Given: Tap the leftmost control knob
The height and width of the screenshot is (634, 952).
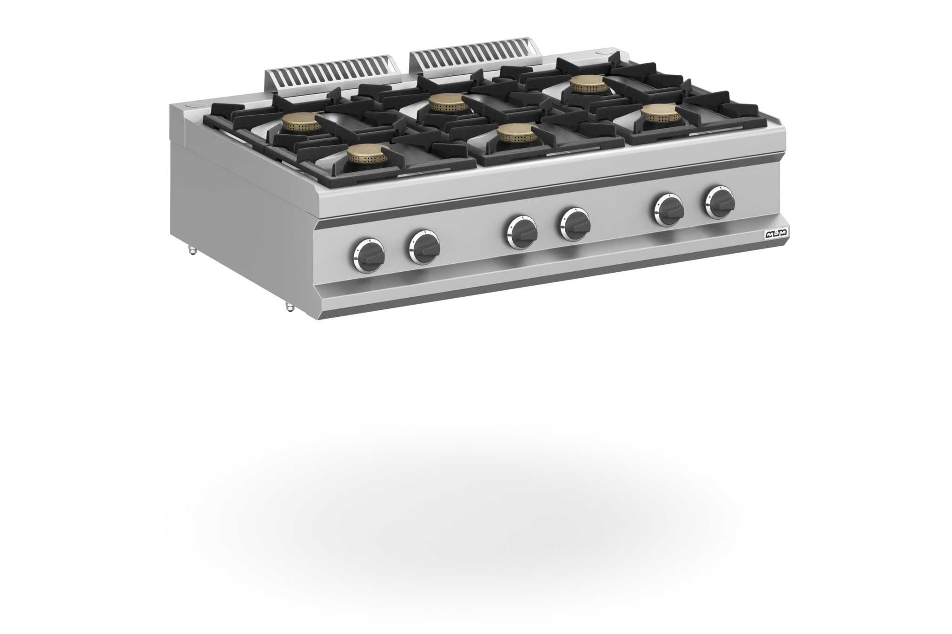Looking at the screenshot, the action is [369, 255].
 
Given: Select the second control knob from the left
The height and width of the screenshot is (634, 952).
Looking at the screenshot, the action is [424, 247].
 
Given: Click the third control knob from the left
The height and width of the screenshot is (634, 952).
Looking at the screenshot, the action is [522, 232].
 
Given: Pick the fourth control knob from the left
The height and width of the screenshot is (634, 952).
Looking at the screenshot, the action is [575, 224].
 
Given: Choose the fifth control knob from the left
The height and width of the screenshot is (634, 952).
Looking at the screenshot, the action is [668, 209].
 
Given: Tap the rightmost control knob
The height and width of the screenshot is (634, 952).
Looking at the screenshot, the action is [720, 202].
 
